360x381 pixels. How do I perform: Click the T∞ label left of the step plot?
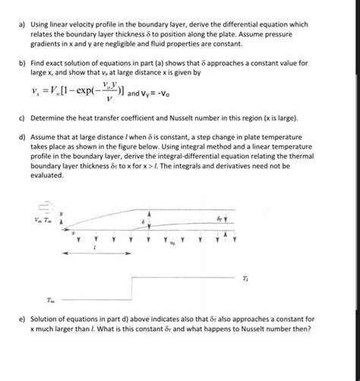click(x=49, y=299)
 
